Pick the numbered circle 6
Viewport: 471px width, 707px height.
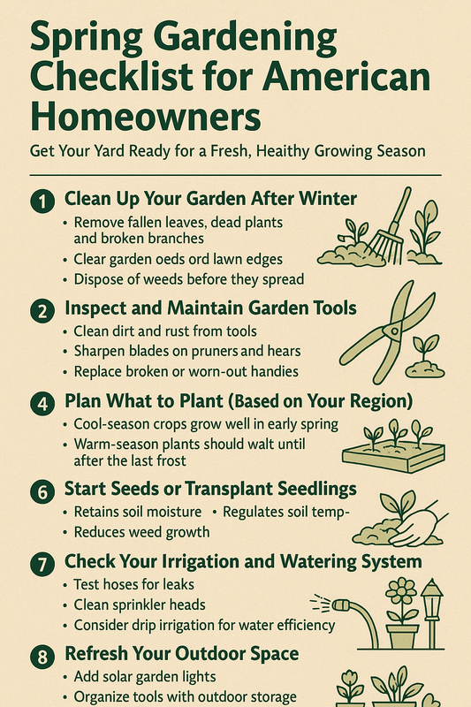point(42,489)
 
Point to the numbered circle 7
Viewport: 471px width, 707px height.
point(42,561)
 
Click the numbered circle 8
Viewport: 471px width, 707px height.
point(42,656)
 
